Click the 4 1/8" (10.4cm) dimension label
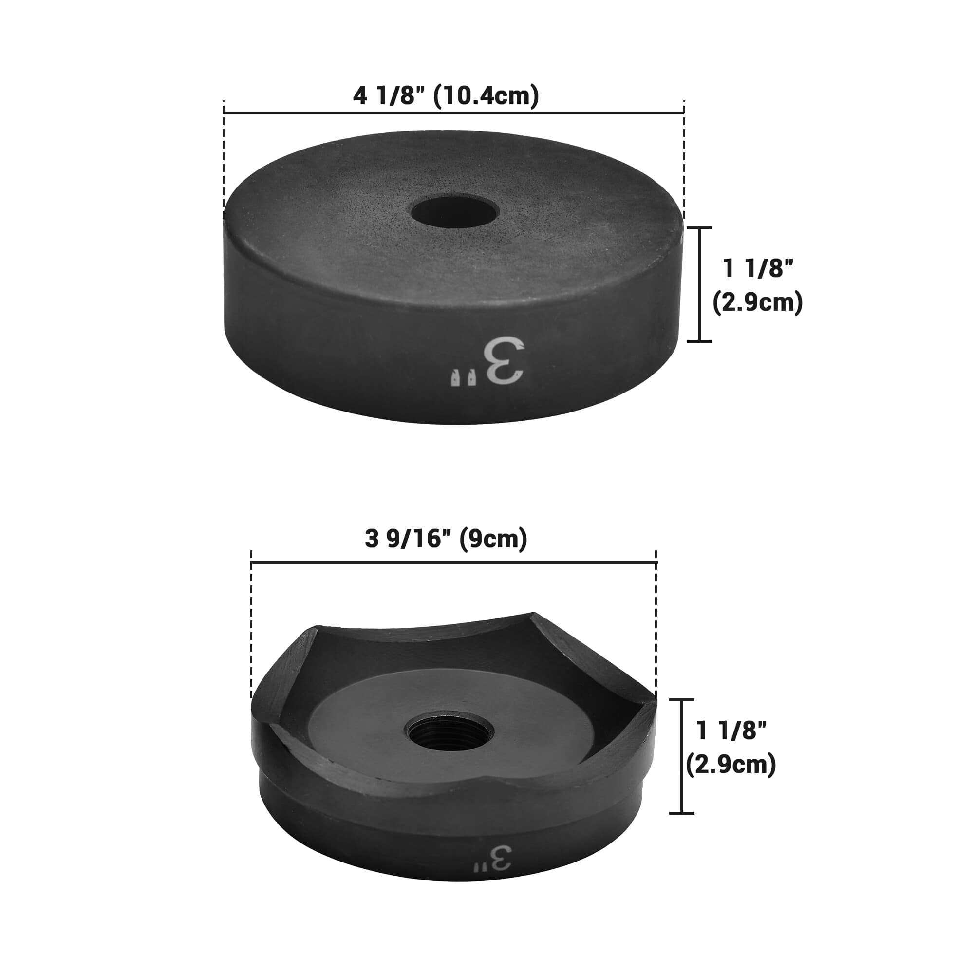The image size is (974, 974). point(446,96)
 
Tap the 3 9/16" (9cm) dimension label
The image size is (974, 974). point(446,539)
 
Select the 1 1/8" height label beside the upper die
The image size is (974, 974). point(758,269)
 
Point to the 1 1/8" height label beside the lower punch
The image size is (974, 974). point(731,730)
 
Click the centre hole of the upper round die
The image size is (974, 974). point(455,212)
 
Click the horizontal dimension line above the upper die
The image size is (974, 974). point(454,113)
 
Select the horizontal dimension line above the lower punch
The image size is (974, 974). point(454,561)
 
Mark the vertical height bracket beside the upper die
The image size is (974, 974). point(700,284)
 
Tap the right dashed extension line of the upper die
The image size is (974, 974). point(684,161)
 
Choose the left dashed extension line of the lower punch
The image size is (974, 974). point(252,630)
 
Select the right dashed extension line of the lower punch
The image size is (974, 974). point(656,630)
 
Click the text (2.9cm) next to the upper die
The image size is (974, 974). point(758,303)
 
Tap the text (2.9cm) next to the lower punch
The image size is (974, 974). point(731,765)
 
